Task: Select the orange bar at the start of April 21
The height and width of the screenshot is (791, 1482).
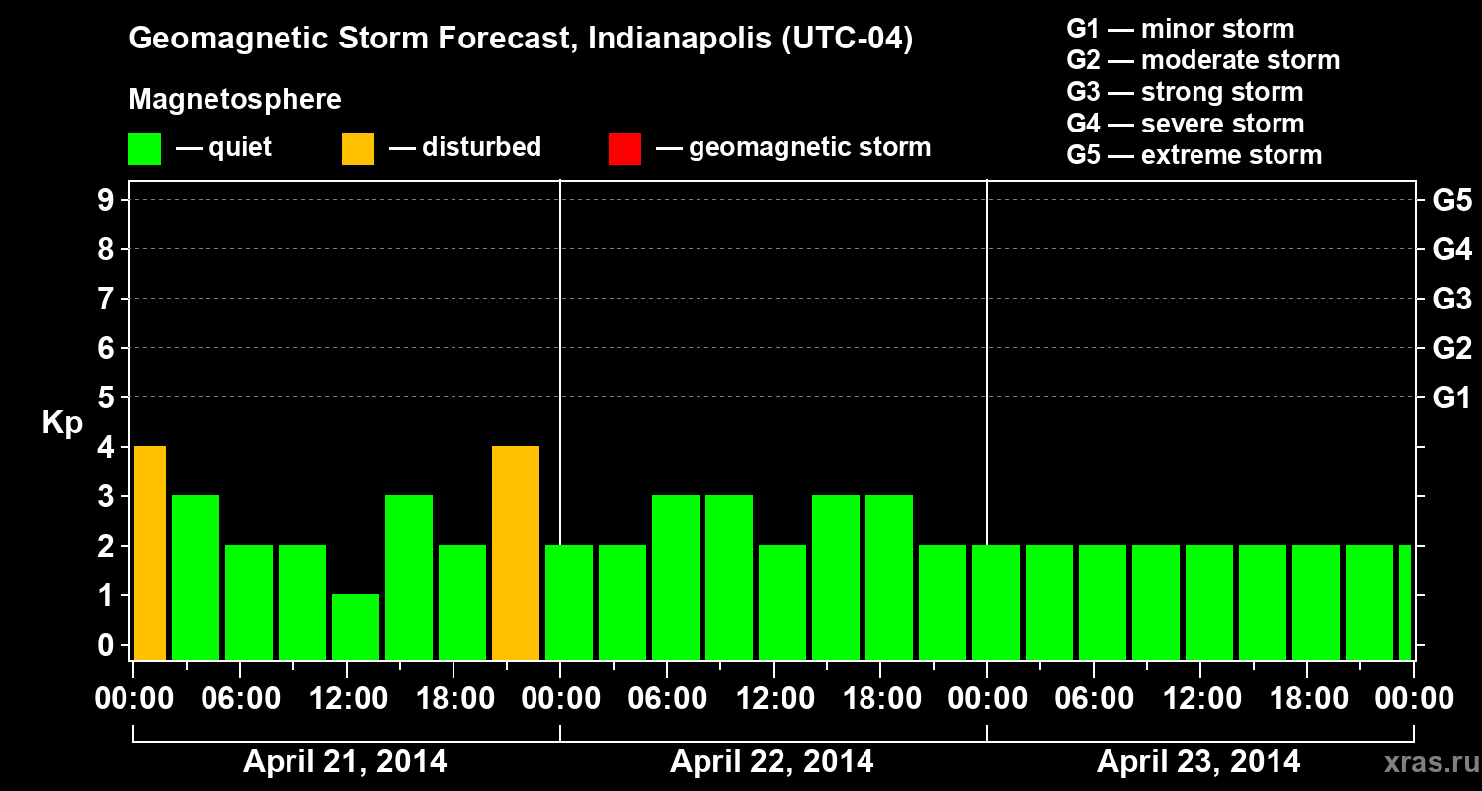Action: coord(149,553)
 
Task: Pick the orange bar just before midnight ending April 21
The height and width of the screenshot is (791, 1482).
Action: coord(516,553)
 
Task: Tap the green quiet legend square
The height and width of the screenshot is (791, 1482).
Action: coord(144,149)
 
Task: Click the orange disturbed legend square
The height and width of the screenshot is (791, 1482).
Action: coord(358,149)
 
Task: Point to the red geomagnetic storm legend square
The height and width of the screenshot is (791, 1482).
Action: coord(624,149)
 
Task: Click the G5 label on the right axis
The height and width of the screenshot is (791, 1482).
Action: coord(1451,201)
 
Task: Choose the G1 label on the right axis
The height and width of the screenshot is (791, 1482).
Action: coord(1451,398)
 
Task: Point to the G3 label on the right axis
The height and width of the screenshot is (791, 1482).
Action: coord(1451,300)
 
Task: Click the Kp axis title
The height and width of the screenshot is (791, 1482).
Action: coord(62,423)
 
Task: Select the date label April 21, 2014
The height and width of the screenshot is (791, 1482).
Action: coord(345,762)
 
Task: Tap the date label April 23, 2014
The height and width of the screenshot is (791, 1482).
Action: coord(1198,762)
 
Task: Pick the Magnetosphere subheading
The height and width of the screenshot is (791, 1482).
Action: coord(235,100)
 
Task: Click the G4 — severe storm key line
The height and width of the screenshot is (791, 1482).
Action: coord(1186,124)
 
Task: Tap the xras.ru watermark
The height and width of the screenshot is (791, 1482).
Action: coord(1426,762)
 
